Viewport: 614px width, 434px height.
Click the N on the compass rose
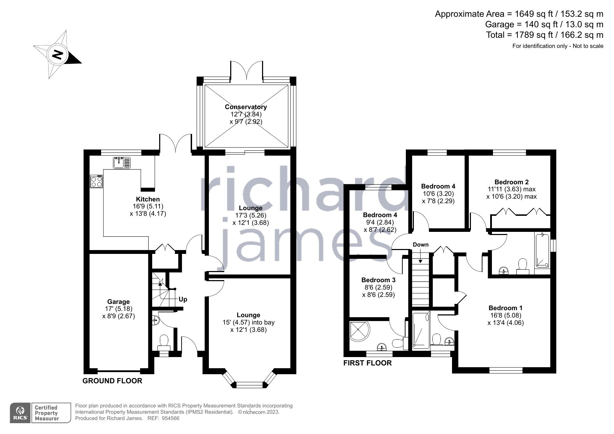pyautogui.click(x=57, y=55)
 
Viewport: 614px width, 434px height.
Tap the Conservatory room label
pyautogui.click(x=246, y=107)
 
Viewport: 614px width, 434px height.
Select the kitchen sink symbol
pyautogui.click(x=119, y=163)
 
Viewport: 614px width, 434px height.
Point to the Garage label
pyautogui.click(x=118, y=301)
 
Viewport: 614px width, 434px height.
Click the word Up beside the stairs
pyautogui.click(x=183, y=299)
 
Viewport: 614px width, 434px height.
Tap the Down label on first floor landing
pyautogui.click(x=421, y=244)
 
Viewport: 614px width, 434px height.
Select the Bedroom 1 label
pyautogui.click(x=505, y=308)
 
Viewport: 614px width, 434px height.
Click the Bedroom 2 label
pyautogui.click(x=511, y=182)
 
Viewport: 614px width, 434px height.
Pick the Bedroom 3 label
pyautogui.click(x=378, y=280)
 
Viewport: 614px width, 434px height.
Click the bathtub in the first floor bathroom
pyautogui.click(x=542, y=250)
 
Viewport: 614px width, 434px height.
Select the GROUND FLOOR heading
pyautogui.click(x=112, y=381)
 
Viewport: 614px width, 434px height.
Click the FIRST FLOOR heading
pyautogui.click(x=367, y=363)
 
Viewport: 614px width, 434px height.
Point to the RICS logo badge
pyautogui.click(x=21, y=413)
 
